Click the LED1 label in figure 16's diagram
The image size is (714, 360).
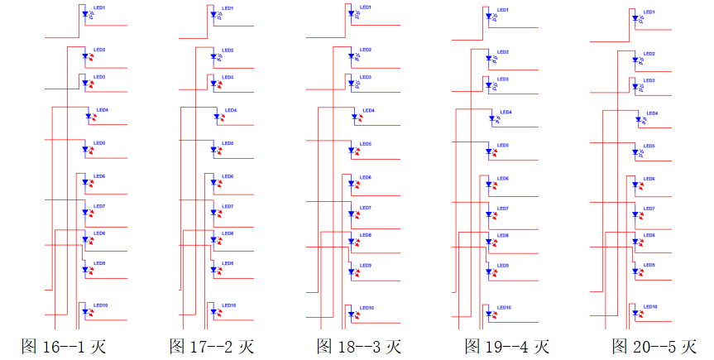coord(99,7)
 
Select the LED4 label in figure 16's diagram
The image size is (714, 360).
coord(103,109)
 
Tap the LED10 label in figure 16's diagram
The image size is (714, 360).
coord(101,305)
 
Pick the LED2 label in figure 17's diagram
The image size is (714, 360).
coord(228,50)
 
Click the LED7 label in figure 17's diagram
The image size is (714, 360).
coord(228,206)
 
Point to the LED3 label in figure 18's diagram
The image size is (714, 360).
coord(365,78)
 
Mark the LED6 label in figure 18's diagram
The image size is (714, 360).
coord(365,178)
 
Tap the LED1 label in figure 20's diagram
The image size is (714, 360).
coord(649,12)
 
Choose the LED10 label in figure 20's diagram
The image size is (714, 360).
coord(650,307)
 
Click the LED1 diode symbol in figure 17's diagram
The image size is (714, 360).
coord(213,14)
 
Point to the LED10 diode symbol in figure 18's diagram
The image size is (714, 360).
coord(351,314)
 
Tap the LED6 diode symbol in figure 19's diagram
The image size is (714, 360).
coord(488,185)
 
